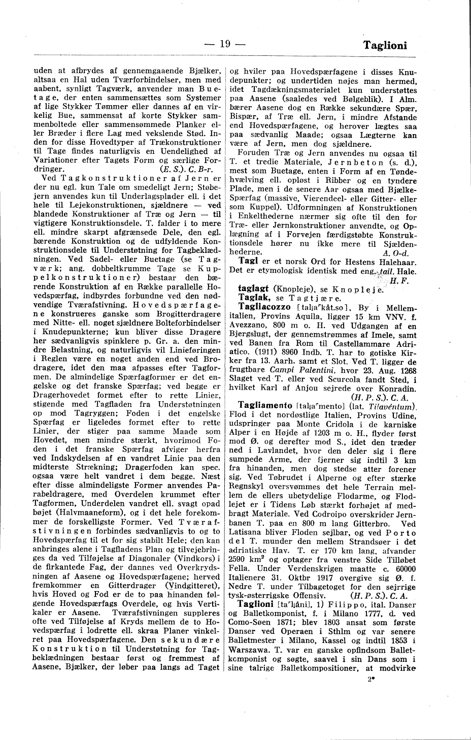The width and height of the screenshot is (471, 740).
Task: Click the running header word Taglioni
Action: pyautogui.click(x=386, y=45)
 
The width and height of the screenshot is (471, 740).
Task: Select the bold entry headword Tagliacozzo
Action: pyautogui.click(x=262, y=307)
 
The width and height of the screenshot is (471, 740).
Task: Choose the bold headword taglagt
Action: pyautogui.click(x=254, y=288)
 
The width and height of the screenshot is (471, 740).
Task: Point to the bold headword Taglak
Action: pyautogui.click(x=252, y=298)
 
